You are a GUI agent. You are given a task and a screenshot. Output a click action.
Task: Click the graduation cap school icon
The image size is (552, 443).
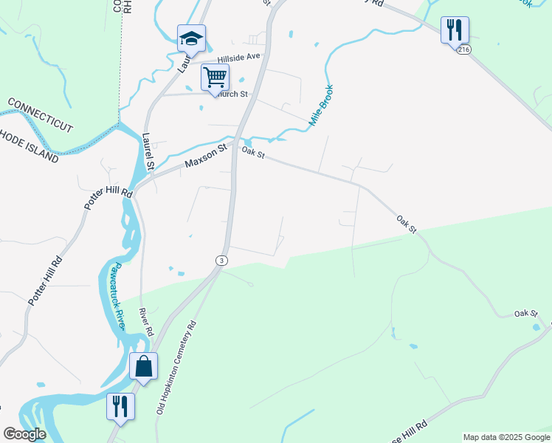coord(191,38)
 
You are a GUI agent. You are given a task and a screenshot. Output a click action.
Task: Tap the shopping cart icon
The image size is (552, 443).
coord(215,77)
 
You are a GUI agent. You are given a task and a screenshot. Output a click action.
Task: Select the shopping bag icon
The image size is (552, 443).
coord(143,365)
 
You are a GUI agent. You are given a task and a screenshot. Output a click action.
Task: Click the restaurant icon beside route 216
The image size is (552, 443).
coord(455,30)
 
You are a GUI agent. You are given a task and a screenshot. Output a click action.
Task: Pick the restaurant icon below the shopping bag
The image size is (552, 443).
coord(120,407)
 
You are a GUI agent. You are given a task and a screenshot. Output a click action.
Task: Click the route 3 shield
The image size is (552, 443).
coord(221,261)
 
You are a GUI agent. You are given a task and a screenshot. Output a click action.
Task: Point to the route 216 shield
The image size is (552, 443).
coord(463,49)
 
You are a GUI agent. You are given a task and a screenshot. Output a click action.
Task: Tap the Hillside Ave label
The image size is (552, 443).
coord(239,57)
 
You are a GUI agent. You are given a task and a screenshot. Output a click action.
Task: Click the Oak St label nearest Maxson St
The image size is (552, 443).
coord(252,153)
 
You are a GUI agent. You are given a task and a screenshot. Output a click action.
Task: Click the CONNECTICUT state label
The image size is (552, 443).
coord(40,113)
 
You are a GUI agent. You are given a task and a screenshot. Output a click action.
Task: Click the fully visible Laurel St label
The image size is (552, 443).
coord(148,151)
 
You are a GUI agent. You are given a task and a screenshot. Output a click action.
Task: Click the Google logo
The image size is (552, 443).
coord(25,434)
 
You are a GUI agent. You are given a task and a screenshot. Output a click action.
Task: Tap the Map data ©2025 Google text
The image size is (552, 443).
coord(506,437)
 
